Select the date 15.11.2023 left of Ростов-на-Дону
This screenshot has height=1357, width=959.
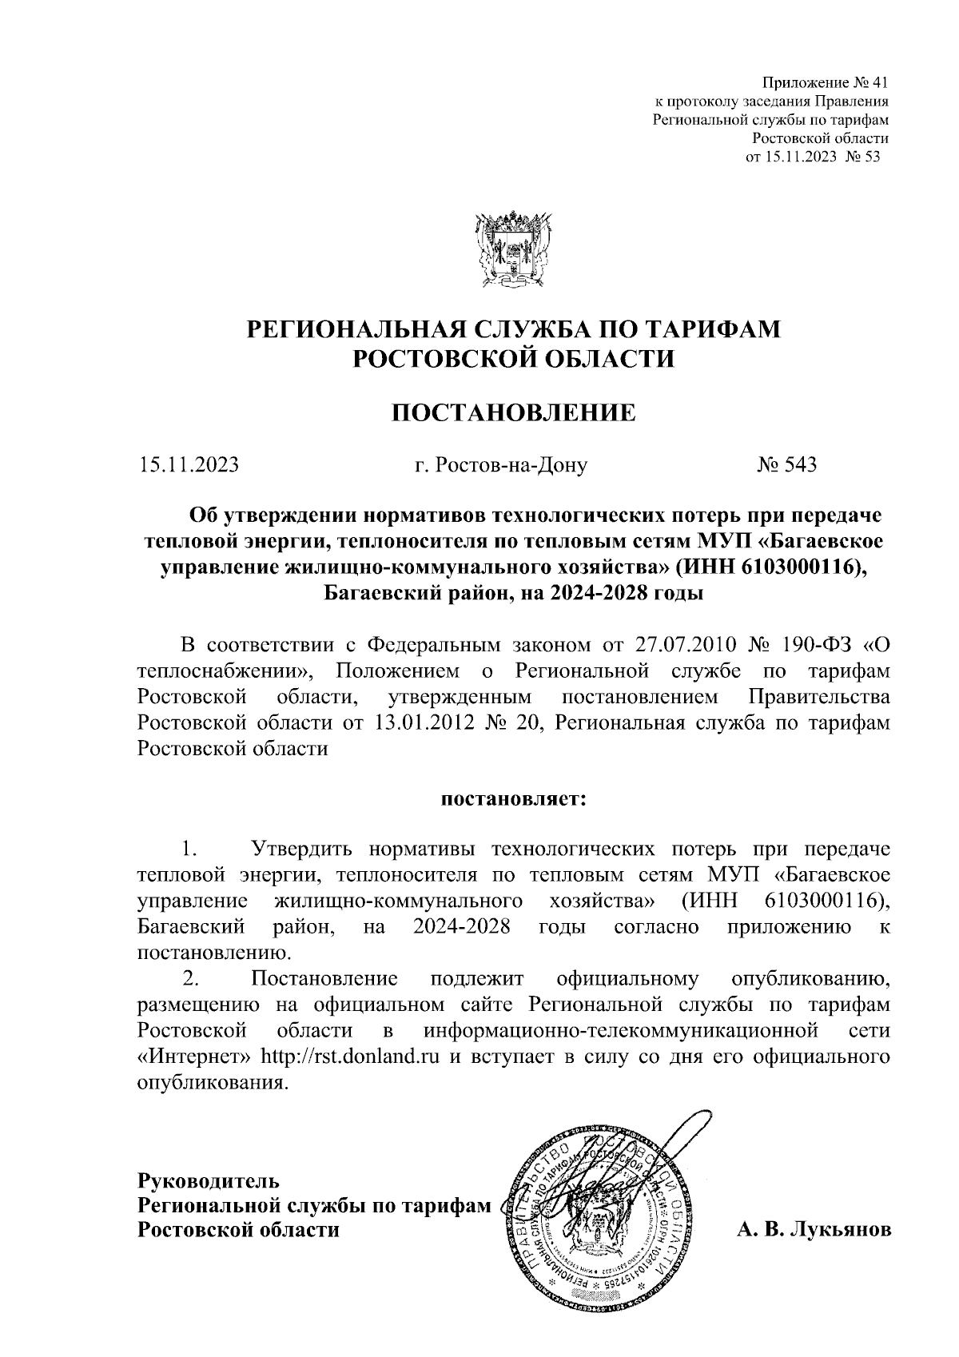coord(188,464)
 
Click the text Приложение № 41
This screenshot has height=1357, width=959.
coord(826,83)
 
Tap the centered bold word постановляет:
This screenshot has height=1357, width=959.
coord(512,798)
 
